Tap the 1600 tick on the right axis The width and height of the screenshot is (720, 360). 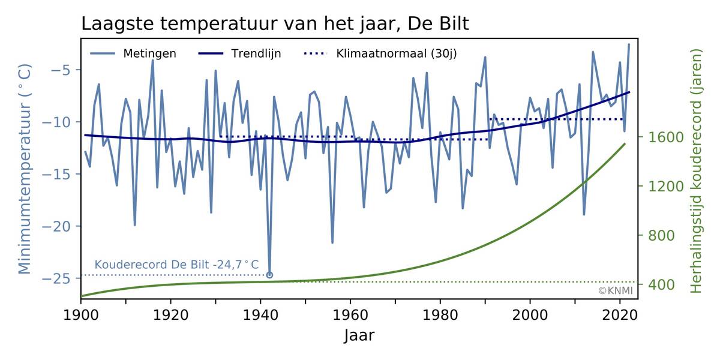pyautogui.click(x=662, y=137)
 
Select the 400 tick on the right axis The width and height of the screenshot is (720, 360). pyautogui.click(x=659, y=284)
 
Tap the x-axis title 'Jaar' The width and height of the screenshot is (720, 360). pyautogui.click(x=359, y=335)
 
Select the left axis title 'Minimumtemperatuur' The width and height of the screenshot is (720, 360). pyautogui.click(x=25, y=169)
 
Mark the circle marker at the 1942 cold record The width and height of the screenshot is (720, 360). pyautogui.click(x=269, y=275)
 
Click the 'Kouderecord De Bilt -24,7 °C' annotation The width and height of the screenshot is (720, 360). pyautogui.click(x=177, y=265)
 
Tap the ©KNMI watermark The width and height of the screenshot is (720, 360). pyautogui.click(x=615, y=291)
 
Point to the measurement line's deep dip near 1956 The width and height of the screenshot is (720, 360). pyautogui.click(x=332, y=242)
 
